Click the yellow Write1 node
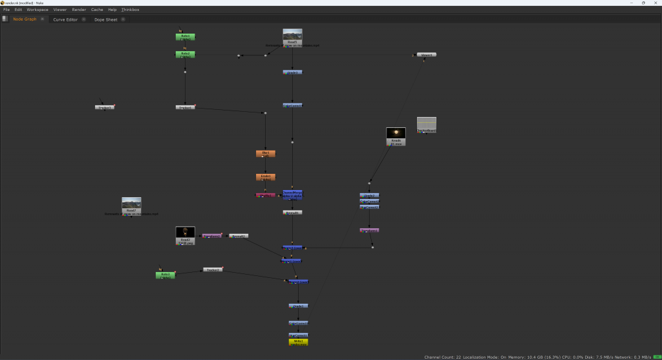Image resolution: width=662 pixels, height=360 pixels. pos(298,342)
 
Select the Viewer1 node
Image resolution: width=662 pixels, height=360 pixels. pos(426,55)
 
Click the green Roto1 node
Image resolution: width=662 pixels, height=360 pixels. pos(186,37)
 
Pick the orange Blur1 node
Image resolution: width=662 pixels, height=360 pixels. pos(265,154)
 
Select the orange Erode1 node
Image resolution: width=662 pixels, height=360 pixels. pos(265,176)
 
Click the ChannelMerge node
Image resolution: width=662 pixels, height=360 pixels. pos(292,194)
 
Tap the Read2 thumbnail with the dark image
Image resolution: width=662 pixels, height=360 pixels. pos(186,234)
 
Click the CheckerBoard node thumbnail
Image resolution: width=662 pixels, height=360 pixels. pos(426,124)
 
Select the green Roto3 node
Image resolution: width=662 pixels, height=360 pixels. pos(165,275)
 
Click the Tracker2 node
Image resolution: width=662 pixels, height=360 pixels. pos(213,270)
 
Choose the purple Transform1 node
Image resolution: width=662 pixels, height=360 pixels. pos(212,236)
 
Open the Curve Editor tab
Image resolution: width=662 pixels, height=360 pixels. pos(65,19)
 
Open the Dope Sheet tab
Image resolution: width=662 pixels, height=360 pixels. pos(106,19)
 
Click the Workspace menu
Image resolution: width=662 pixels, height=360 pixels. pos(37,10)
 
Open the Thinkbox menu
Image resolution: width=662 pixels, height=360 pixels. pos(130,10)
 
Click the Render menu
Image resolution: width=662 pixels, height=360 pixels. pos(79,10)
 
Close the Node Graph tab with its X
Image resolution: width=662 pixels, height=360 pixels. pos(42,19)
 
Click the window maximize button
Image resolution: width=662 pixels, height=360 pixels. pos(643,3)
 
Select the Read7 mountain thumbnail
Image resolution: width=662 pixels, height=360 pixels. pos(131,204)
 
